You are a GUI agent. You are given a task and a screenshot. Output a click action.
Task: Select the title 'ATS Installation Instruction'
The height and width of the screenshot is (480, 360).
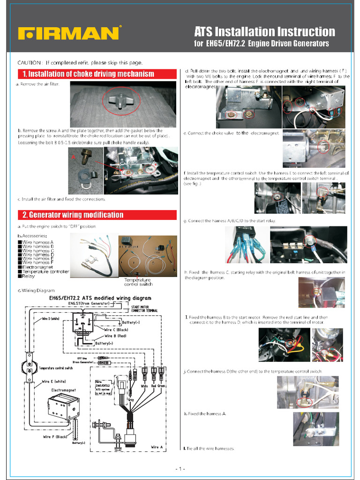(x=264, y=32)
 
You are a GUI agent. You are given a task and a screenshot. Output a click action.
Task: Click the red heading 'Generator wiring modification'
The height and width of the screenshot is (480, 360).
(x=73, y=215)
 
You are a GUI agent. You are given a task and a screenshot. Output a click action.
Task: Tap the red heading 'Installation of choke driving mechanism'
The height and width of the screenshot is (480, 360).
(x=89, y=74)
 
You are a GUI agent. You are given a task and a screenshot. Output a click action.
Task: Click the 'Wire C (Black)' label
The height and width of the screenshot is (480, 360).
(x=116, y=330)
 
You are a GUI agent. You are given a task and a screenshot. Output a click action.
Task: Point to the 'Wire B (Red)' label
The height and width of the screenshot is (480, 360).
(x=115, y=336)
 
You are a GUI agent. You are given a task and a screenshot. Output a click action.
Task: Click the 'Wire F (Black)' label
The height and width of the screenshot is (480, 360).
(x=55, y=437)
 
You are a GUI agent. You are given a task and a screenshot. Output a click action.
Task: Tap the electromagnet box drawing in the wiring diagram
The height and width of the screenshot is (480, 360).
(x=62, y=407)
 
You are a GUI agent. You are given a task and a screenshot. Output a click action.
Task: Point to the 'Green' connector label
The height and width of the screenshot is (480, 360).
(x=161, y=386)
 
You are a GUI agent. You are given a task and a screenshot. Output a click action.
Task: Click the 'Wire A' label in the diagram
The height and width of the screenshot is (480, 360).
(x=157, y=447)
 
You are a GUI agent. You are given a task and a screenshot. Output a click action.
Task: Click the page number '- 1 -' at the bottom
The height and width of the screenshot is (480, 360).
(x=180, y=469)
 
